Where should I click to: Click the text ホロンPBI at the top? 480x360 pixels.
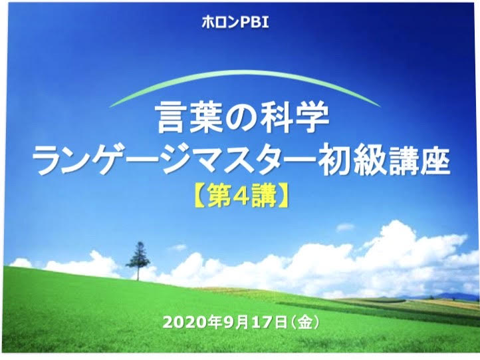235,23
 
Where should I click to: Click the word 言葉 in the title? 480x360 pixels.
189,118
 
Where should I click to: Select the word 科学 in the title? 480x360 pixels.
295,118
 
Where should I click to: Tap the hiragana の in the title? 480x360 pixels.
241,120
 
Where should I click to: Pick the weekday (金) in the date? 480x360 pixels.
304,322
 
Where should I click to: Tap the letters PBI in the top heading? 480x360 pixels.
255,23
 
